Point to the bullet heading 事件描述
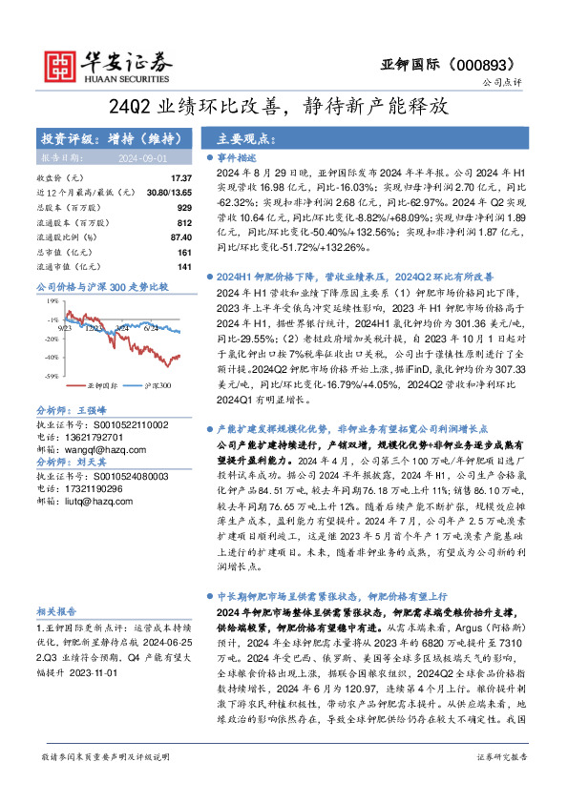point(237,158)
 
